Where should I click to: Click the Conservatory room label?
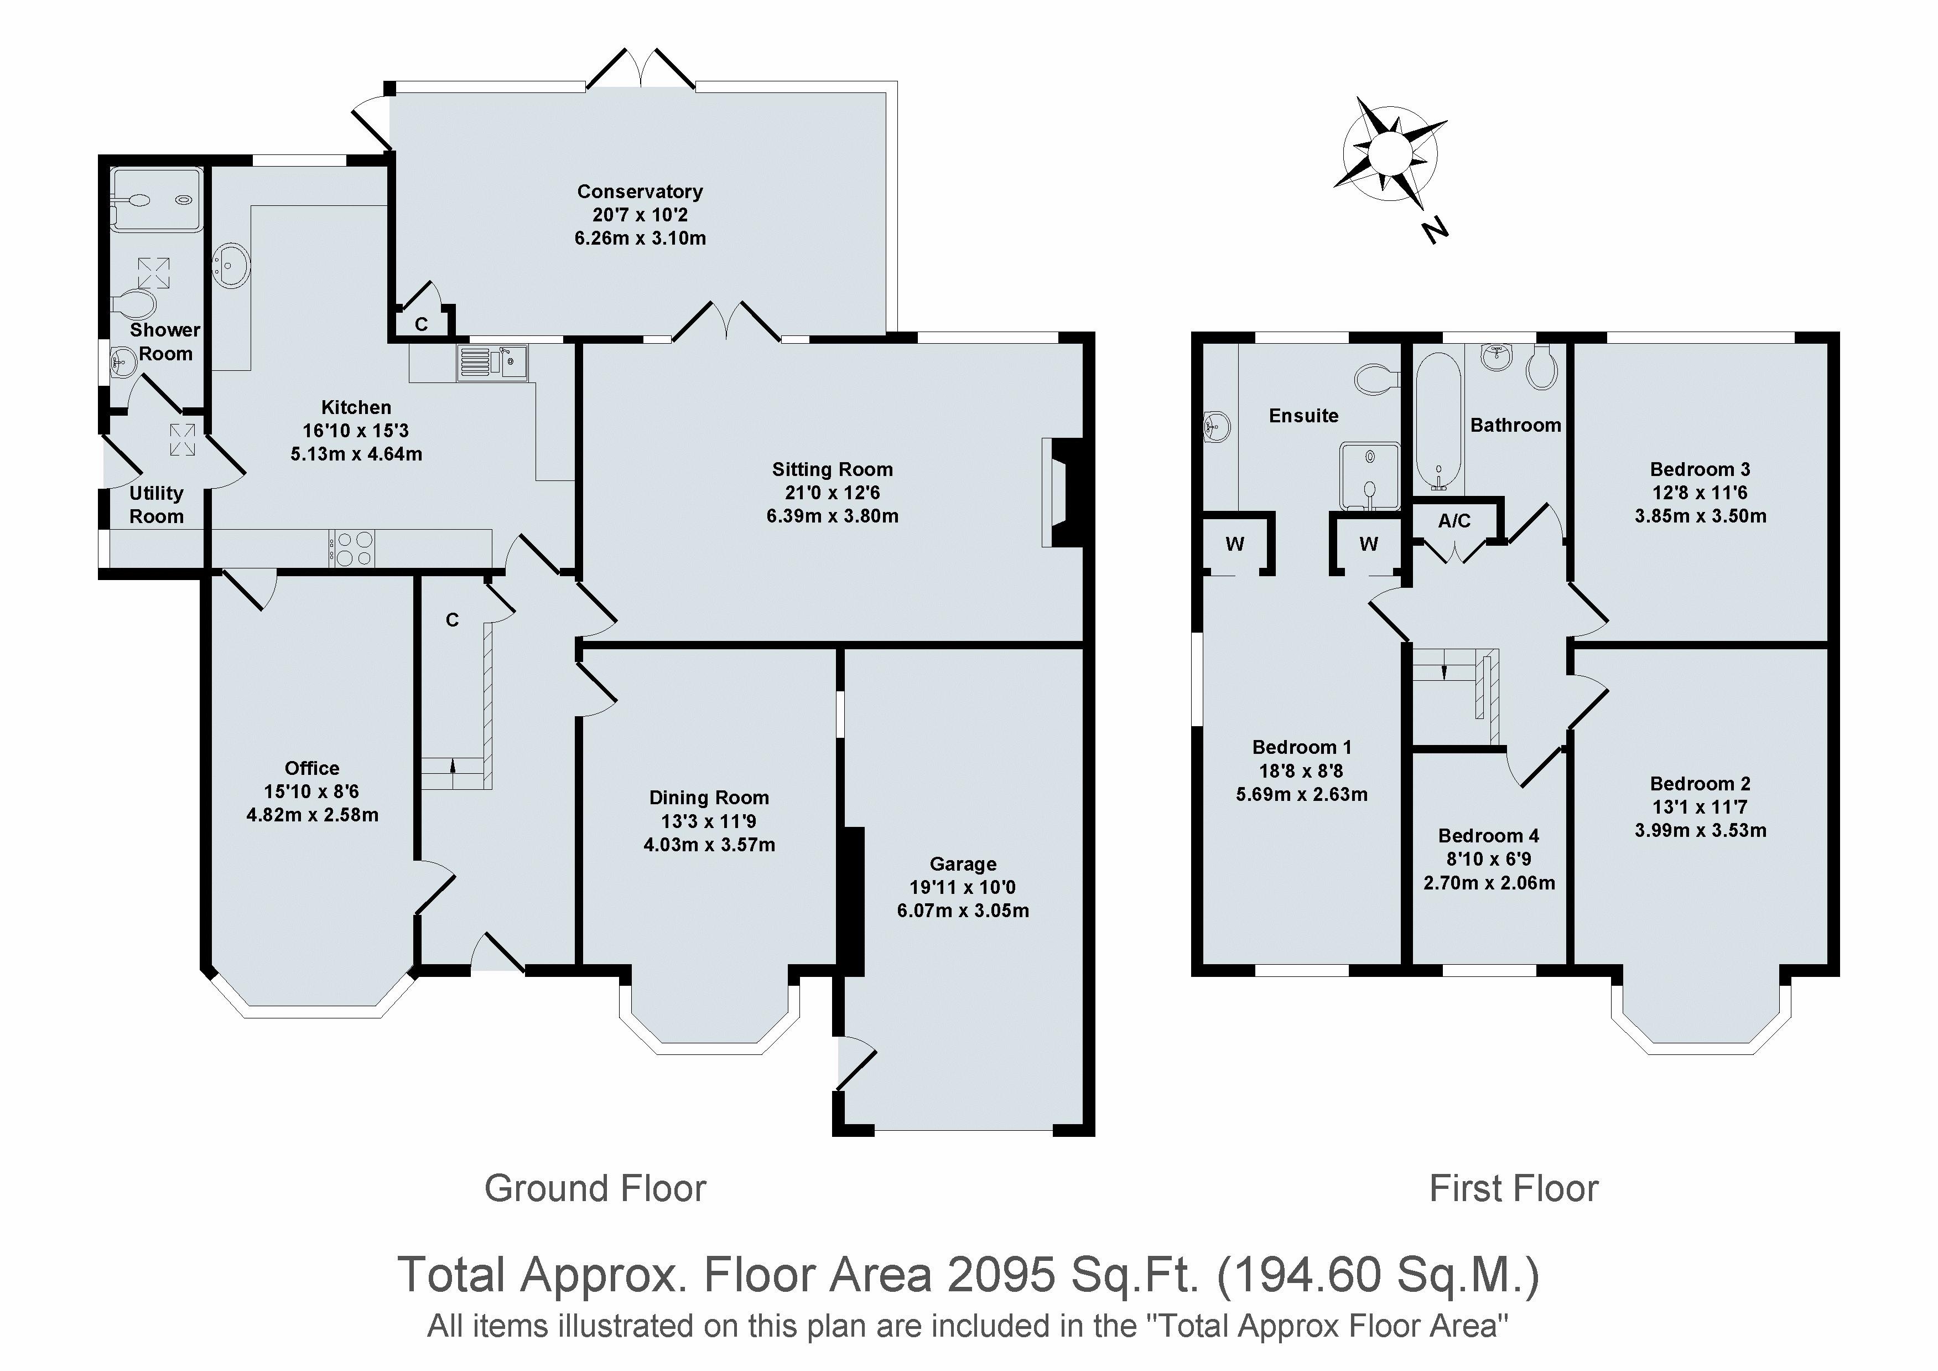[x=640, y=192]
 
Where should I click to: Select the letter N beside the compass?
[x=1434, y=230]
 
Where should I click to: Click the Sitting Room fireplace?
[x=1062, y=492]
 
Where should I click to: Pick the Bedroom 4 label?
[x=1489, y=836]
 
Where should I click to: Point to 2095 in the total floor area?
[x=1000, y=1274]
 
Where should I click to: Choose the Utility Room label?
[x=157, y=505]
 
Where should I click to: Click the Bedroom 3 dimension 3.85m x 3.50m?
[x=1700, y=516]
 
